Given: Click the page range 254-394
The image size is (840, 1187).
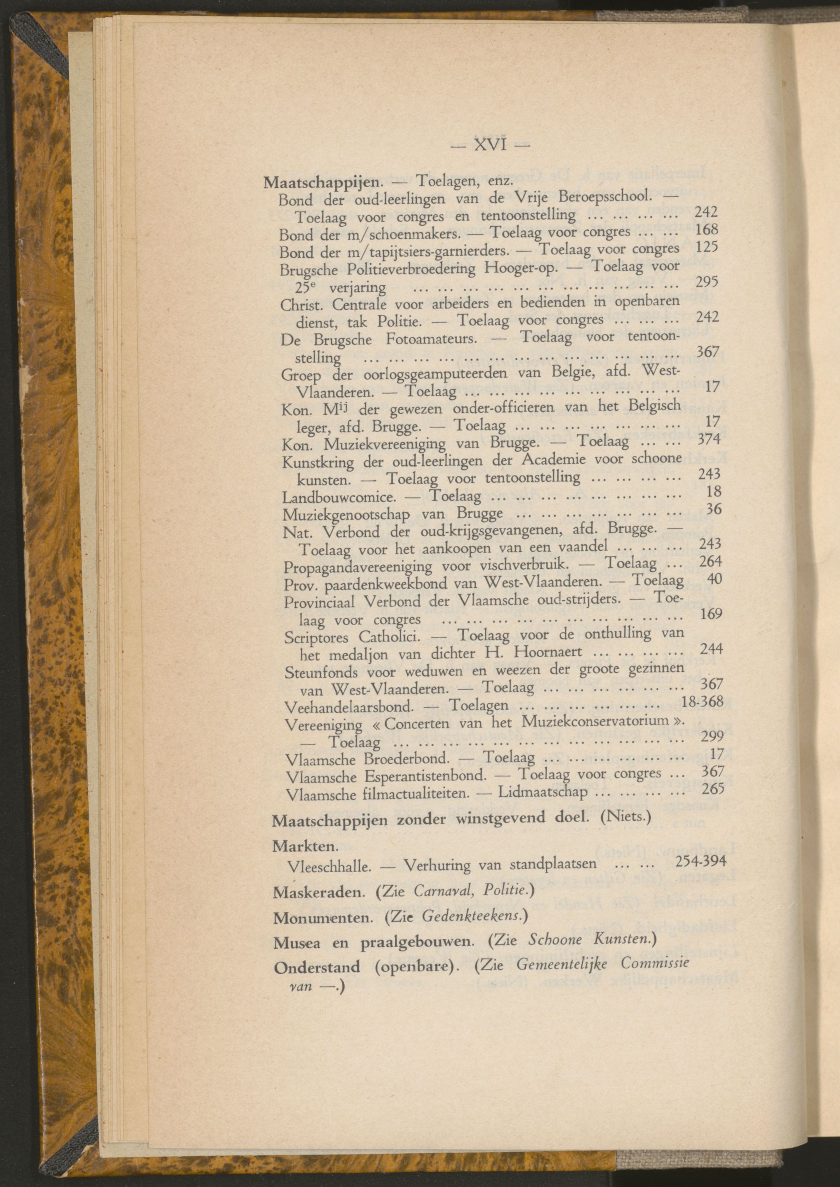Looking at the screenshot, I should coord(701,861).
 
